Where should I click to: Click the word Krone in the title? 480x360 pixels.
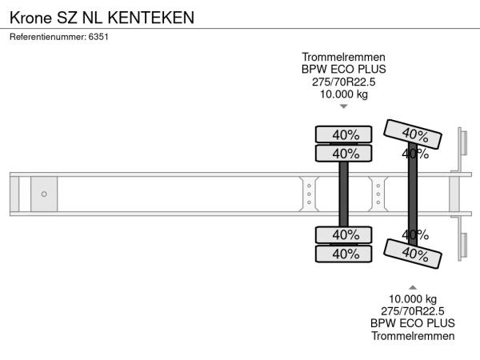pyautogui.click(x=31, y=18)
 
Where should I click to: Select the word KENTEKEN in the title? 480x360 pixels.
pyautogui.click(x=151, y=18)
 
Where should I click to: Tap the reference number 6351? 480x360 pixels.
pyautogui.click(x=98, y=37)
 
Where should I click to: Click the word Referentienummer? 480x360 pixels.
pyautogui.click(x=48, y=37)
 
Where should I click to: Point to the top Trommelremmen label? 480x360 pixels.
pyautogui.click(x=343, y=58)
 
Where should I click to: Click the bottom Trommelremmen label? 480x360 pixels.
pyautogui.click(x=413, y=336)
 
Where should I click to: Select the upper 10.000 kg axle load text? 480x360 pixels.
pyautogui.click(x=344, y=94)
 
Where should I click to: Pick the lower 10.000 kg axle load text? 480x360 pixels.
pyautogui.click(x=413, y=298)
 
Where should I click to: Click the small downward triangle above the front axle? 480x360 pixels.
pyautogui.click(x=344, y=106)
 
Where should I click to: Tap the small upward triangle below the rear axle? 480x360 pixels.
pyautogui.click(x=413, y=287)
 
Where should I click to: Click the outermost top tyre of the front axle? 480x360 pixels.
pyautogui.click(x=344, y=134)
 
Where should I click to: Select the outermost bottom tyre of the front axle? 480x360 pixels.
pyautogui.click(x=344, y=254)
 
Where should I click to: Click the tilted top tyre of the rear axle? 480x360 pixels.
pyautogui.click(x=413, y=134)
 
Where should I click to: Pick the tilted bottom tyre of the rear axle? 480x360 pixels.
pyautogui.click(x=413, y=254)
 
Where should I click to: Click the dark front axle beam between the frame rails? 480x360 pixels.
pyautogui.click(x=344, y=194)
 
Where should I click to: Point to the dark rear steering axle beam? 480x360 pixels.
pyautogui.click(x=413, y=194)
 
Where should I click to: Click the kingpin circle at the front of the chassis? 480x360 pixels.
pyautogui.click(x=44, y=194)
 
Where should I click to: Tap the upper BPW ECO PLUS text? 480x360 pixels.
pyautogui.click(x=344, y=70)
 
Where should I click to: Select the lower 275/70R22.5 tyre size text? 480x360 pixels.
pyautogui.click(x=413, y=311)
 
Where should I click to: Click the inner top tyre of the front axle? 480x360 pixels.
pyautogui.click(x=344, y=154)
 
